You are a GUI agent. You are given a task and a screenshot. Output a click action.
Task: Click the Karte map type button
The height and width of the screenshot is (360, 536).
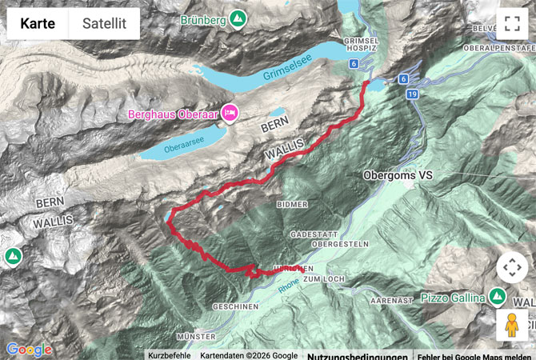(38, 23)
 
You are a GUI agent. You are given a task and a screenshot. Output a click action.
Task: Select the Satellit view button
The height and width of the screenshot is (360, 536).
(104, 23)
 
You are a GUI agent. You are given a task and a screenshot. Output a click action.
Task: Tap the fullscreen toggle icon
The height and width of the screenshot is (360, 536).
(512, 23)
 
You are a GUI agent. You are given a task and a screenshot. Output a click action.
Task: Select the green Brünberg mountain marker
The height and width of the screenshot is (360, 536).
(237, 18)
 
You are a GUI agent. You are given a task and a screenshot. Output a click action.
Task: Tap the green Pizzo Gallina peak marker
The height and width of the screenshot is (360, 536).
(497, 298)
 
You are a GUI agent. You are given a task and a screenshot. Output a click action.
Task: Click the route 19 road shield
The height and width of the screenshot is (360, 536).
(412, 94)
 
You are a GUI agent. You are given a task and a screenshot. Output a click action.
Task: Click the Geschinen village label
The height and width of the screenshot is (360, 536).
(236, 306)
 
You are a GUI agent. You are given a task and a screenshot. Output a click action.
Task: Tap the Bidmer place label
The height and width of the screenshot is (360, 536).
(292, 204)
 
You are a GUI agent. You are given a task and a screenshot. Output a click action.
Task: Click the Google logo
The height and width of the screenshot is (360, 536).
(29, 349)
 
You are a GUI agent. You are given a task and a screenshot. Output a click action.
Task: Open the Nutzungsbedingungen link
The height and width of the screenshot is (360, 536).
(358, 355)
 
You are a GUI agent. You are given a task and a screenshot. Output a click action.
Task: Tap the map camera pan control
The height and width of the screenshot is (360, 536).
(512, 267)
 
